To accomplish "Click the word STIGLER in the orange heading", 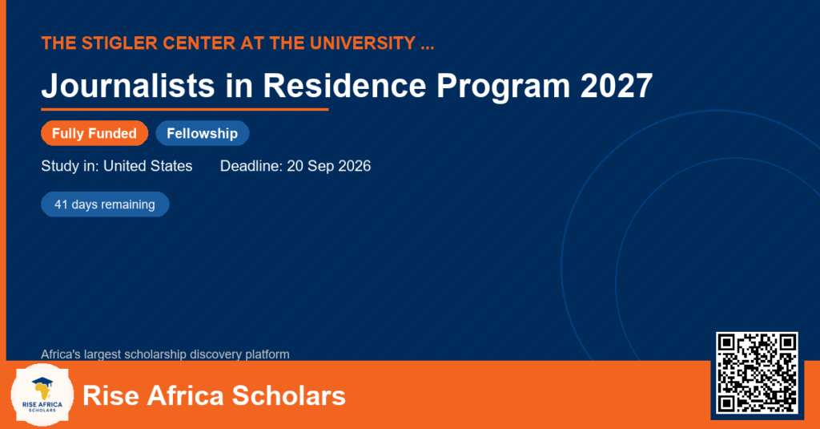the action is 119,43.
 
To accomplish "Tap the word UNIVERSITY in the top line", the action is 362,43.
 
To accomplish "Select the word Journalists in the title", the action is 128,85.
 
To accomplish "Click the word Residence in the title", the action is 344,85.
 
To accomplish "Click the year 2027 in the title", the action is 616,85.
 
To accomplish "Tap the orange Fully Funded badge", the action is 94,133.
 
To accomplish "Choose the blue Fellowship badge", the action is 203,133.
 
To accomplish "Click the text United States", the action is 148,166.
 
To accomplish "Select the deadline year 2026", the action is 355,166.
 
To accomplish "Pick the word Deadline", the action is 251,166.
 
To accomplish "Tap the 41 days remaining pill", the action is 105,204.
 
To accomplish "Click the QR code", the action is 757,372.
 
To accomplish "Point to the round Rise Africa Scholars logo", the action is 42,395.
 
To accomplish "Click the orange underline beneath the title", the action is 185,110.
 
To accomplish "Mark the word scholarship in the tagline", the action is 157,354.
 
